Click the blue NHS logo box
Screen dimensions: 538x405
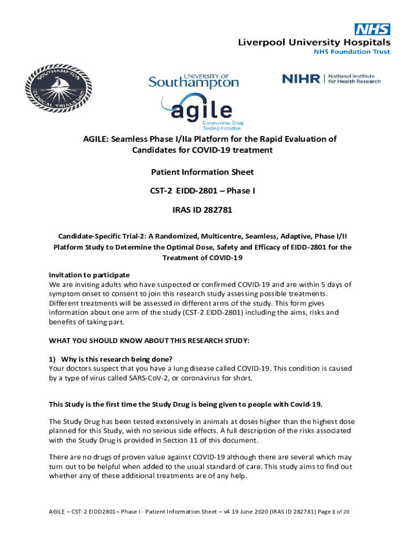tap(372, 29)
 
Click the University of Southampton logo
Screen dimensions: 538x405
tap(194, 81)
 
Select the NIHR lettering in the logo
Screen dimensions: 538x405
tap(301, 79)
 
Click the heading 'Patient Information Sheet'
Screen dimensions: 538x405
tap(202, 172)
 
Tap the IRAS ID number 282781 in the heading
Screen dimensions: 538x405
tap(214, 210)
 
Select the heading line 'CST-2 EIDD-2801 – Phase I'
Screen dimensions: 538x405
tap(202, 191)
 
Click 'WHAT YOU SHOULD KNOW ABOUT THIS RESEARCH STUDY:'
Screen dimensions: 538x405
tap(149, 340)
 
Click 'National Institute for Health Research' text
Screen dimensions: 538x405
tap(354, 79)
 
